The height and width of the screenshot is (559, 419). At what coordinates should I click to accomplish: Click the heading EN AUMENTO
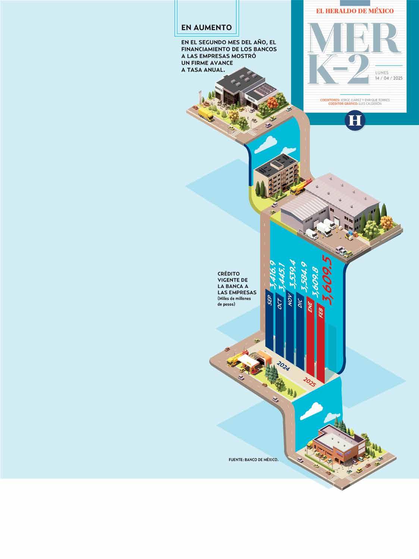206,28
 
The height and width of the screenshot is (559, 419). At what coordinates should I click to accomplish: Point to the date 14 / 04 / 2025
389,78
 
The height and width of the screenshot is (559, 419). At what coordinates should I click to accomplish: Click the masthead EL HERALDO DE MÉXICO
355,11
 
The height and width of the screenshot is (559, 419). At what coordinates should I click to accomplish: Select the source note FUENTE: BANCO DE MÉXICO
254,460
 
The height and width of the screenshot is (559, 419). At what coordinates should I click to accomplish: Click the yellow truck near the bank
205,115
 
